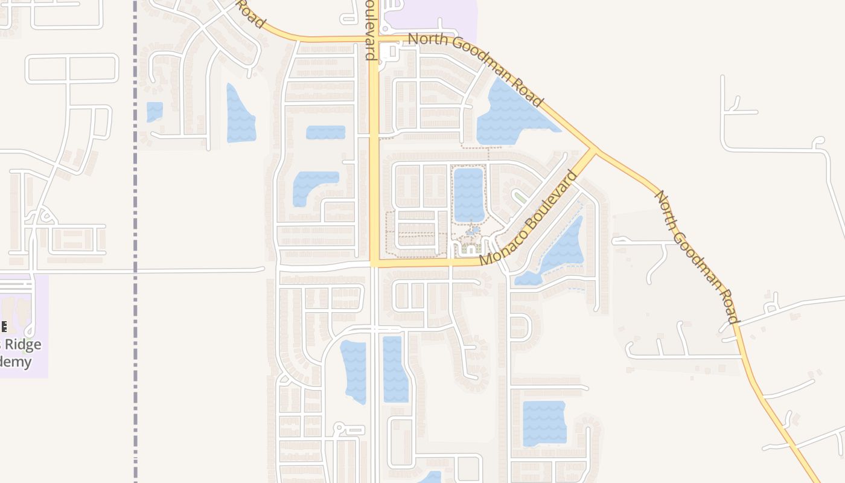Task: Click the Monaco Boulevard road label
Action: pyautogui.click(x=528, y=219)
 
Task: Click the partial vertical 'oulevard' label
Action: pyautogui.click(x=370, y=30)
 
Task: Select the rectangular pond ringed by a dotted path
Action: pyautogui.click(x=469, y=194)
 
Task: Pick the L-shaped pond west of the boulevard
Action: pyautogui.click(x=312, y=185)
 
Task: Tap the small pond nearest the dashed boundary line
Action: pyautogui.click(x=155, y=111)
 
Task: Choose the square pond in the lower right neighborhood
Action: pyautogui.click(x=544, y=423)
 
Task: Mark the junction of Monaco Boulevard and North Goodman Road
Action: pyautogui.click(x=593, y=150)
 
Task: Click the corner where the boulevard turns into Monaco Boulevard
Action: pyautogui.click(x=375, y=263)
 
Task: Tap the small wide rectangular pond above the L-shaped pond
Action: pyautogui.click(x=325, y=132)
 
